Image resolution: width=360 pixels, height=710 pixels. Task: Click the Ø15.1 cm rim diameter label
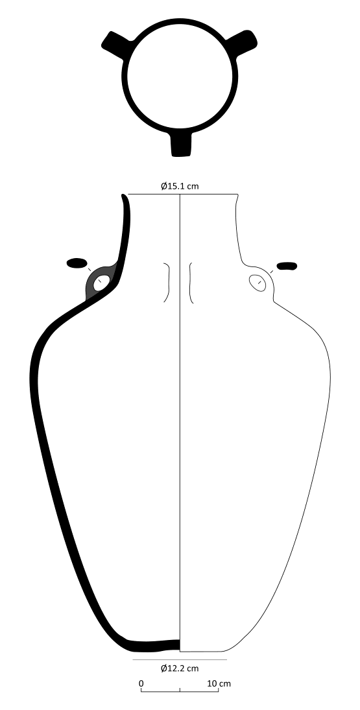click(x=180, y=186)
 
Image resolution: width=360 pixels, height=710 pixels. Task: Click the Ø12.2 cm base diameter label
click(x=180, y=668)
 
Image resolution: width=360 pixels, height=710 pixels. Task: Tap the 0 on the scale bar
click(x=141, y=683)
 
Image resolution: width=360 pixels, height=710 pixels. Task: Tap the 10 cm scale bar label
click(x=219, y=683)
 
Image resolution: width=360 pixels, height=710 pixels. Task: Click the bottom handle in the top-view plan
click(x=181, y=143)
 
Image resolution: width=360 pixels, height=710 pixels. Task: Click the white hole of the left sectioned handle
click(x=102, y=283)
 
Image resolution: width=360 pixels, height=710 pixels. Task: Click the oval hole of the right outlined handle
click(x=258, y=282)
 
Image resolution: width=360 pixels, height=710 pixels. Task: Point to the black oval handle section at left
click(x=77, y=263)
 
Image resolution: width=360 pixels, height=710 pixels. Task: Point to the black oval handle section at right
click(x=287, y=265)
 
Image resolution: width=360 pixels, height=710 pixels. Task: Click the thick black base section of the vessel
click(x=152, y=646)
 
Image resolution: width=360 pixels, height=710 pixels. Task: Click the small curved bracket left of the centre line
click(x=167, y=283)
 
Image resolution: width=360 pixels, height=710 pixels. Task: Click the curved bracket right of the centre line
click(x=191, y=283)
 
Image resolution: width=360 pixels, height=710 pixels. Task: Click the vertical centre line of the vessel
click(x=180, y=421)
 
